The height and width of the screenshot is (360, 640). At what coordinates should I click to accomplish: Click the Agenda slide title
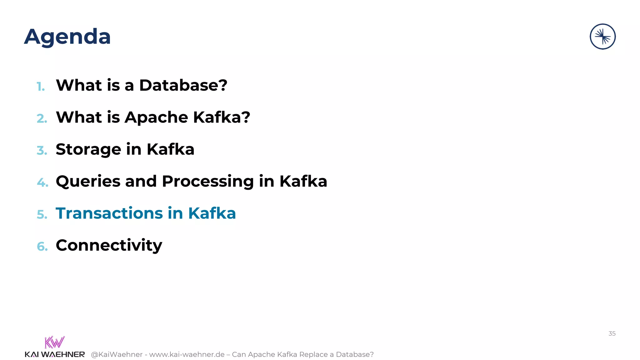point(67,37)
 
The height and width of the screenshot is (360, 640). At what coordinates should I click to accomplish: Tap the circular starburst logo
point(602,37)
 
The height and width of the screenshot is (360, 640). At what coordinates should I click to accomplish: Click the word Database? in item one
point(183,85)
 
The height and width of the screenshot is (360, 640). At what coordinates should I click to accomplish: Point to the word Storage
point(88,149)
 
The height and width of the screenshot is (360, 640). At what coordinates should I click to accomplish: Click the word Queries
point(88,182)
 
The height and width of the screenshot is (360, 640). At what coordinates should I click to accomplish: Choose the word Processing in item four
point(207,182)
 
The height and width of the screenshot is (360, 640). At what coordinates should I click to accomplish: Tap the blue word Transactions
point(109,213)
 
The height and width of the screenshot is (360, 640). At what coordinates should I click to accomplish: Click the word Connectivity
point(109,245)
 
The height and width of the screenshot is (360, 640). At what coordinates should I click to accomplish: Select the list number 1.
point(41,87)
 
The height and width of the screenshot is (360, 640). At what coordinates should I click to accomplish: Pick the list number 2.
point(42,119)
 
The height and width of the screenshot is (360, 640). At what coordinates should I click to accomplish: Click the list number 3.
point(42,151)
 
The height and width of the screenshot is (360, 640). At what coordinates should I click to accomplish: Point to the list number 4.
point(42,182)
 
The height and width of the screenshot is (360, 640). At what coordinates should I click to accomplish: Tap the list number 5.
point(42,215)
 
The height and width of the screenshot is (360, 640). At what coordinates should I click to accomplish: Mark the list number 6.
point(42,247)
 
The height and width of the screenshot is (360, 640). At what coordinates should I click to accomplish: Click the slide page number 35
point(612,333)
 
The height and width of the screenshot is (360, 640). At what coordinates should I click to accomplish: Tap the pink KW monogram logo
point(54,342)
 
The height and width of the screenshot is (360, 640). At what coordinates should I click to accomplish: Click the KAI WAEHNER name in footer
point(55,354)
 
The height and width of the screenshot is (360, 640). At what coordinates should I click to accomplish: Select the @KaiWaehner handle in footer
point(117,354)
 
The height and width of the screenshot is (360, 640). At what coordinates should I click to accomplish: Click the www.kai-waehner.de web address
point(187,354)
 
